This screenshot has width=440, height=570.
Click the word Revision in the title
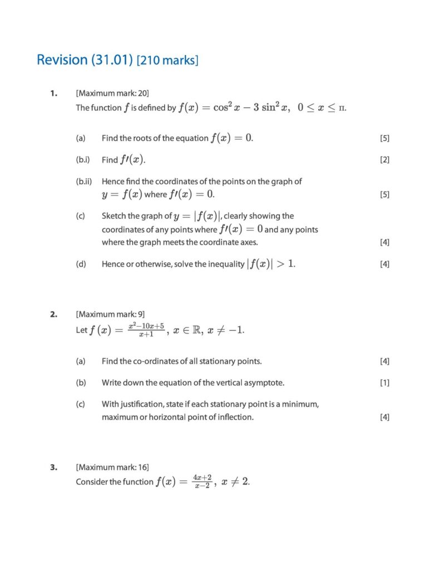pos(61,60)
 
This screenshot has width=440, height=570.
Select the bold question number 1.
pos(53,93)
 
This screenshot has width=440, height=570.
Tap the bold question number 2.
pos(53,315)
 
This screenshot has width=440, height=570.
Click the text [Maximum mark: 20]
pos(112,93)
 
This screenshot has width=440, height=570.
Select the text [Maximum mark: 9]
pos(111,315)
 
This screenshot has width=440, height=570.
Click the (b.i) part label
pos(83,160)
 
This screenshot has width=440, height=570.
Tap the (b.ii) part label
pos(84,181)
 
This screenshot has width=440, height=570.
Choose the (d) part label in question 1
pos(81,264)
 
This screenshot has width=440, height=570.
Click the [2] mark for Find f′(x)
pos(384,160)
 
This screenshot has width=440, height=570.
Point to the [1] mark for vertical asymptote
pos(384,383)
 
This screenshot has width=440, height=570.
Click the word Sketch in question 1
pos(113,216)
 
